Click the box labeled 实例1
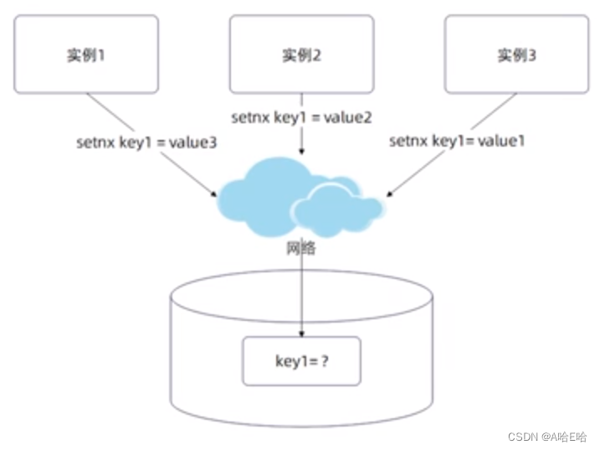pos(87,54)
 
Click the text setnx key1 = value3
pos(146,142)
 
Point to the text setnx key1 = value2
pos(302,118)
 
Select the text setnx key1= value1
pos(457,141)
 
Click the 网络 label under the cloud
pos(301,249)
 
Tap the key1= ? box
pos(301,361)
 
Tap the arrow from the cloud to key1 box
pos(301,293)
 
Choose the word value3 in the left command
pos(193,142)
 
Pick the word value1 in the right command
pos(502,141)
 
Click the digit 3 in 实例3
pos(532,55)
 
